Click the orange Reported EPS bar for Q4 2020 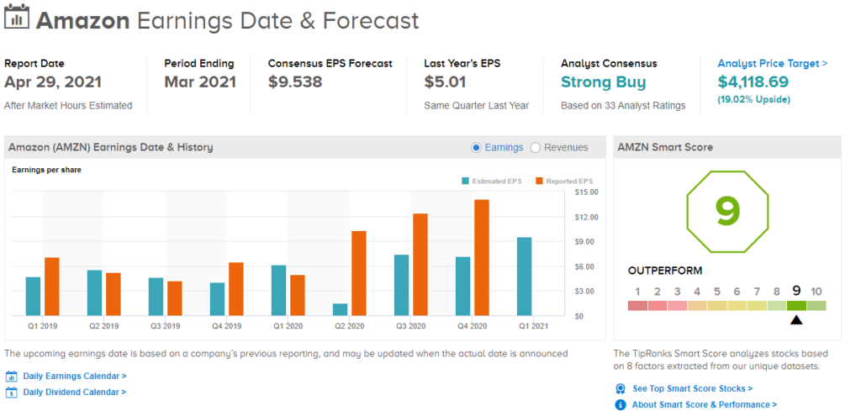point(481,257)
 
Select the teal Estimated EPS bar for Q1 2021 point(524,276)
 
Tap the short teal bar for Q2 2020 point(340,309)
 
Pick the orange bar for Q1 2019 point(52,286)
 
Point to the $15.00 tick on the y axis point(586,192)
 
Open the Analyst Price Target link point(772,64)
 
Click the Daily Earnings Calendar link point(74,377)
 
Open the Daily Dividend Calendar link point(74,392)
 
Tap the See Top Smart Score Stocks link point(692,389)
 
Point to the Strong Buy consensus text point(603,82)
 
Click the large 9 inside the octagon point(727,211)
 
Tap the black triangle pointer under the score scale point(796,319)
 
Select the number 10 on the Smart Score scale point(816,292)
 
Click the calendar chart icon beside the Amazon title point(17,18)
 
